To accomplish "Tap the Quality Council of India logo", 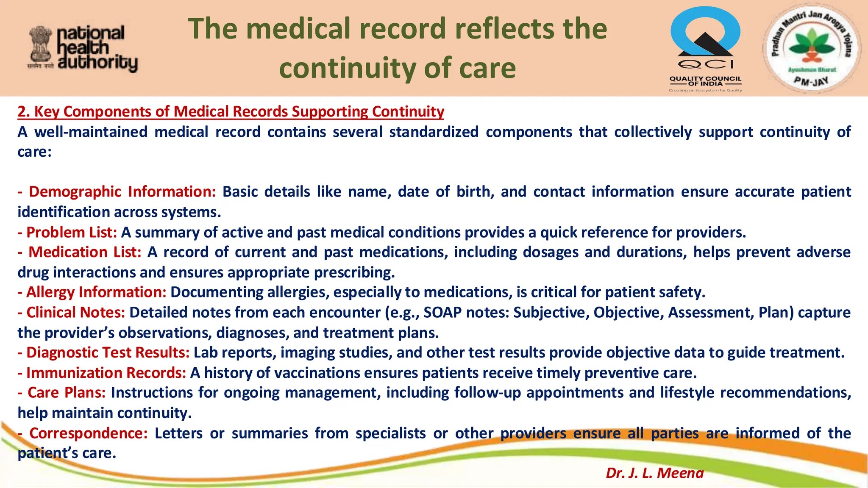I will tap(705, 49).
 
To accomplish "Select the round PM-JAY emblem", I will tap(810, 49).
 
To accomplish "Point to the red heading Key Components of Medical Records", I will tap(231, 111).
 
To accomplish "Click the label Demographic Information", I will tap(122, 192).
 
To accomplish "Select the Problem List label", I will tap(71, 233).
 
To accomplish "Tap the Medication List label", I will tap(84, 252).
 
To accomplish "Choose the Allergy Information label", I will tap(96, 292).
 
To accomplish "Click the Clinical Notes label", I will tap(75, 313).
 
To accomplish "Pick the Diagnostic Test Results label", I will tap(108, 353).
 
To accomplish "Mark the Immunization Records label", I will tap(106, 373).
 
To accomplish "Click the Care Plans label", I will tap(66, 393).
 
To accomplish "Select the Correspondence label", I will tap(88, 433).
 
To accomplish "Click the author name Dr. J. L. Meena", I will tap(654, 473).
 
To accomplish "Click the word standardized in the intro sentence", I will tap(434, 132).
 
